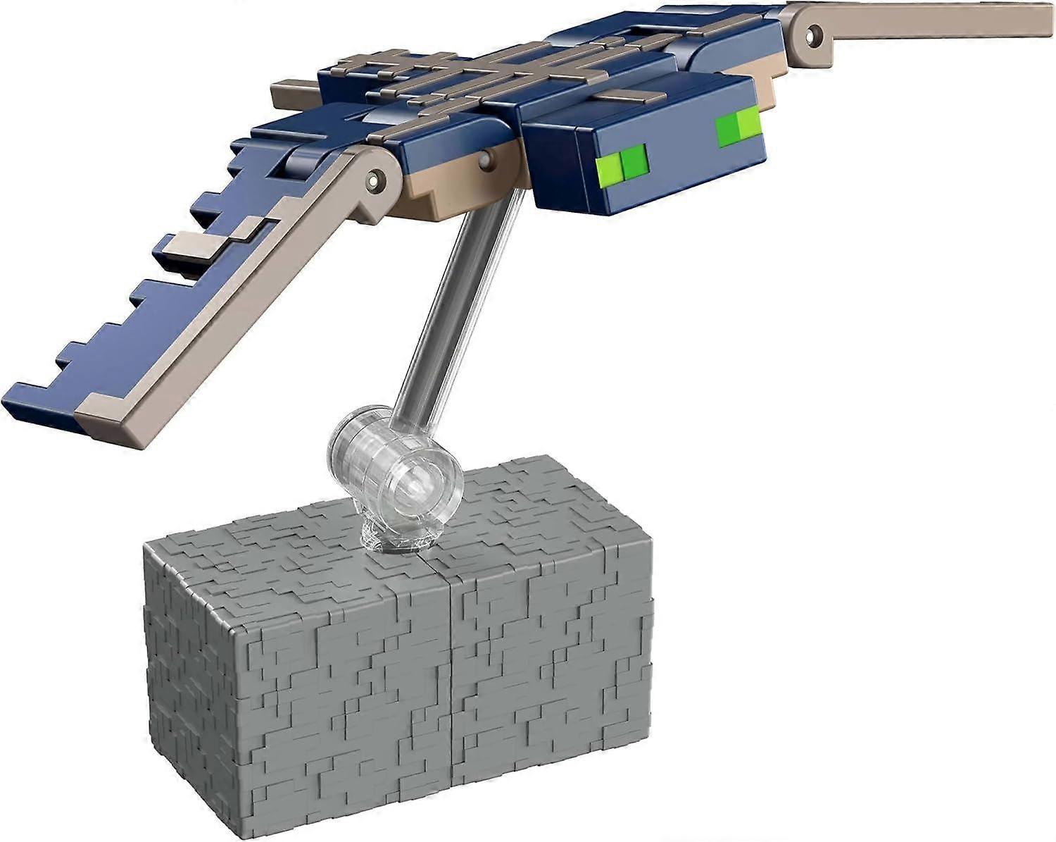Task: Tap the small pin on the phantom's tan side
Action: click(486, 163)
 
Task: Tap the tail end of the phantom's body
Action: click(289, 92)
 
